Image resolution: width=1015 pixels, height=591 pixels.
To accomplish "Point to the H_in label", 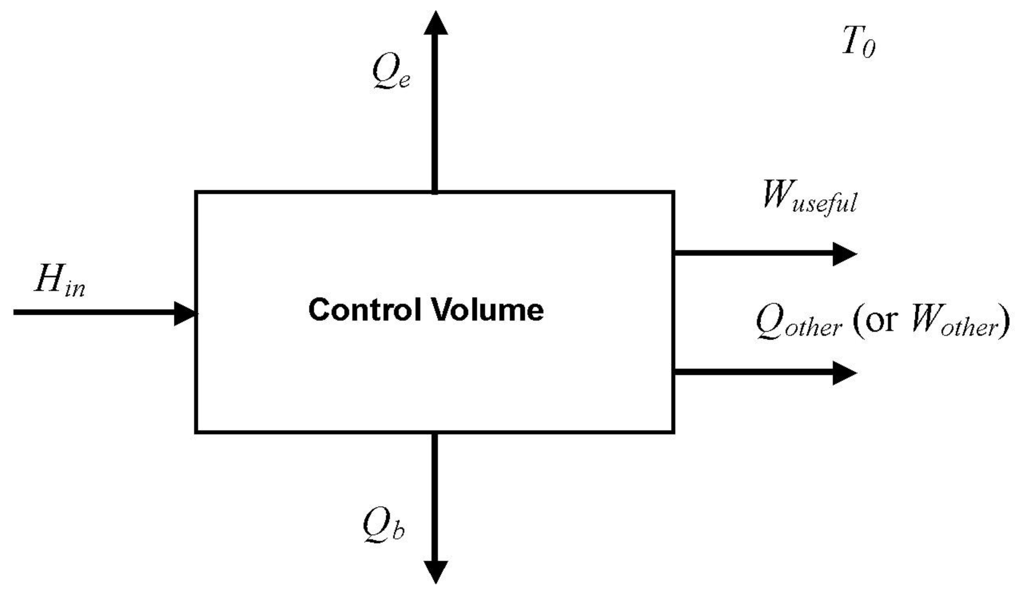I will pyautogui.click(x=60, y=281).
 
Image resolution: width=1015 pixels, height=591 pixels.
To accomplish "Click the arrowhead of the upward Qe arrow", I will pyautogui.click(x=435, y=23).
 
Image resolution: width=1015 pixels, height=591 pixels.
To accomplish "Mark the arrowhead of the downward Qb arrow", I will pyautogui.click(x=435, y=571).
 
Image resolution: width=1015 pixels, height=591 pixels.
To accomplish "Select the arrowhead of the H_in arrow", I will pyautogui.click(x=185, y=313).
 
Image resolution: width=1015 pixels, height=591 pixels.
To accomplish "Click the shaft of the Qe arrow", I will pyautogui.click(x=435, y=113).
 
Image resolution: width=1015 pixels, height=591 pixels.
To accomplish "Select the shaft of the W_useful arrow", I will pyautogui.click(x=753, y=253).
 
